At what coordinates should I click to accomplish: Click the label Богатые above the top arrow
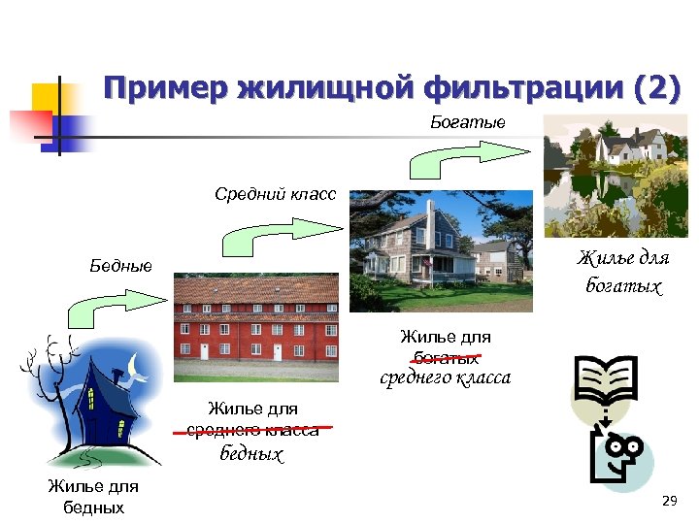click(468, 123)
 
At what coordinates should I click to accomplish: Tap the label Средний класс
click(275, 194)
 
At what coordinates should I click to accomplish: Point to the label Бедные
click(121, 265)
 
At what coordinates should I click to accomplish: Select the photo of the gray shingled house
click(441, 249)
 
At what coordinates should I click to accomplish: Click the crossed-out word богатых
click(446, 357)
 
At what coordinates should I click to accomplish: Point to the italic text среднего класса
click(446, 377)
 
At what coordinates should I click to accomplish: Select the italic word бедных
click(251, 453)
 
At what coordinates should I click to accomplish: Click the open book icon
click(605, 380)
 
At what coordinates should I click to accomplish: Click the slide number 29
click(668, 501)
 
